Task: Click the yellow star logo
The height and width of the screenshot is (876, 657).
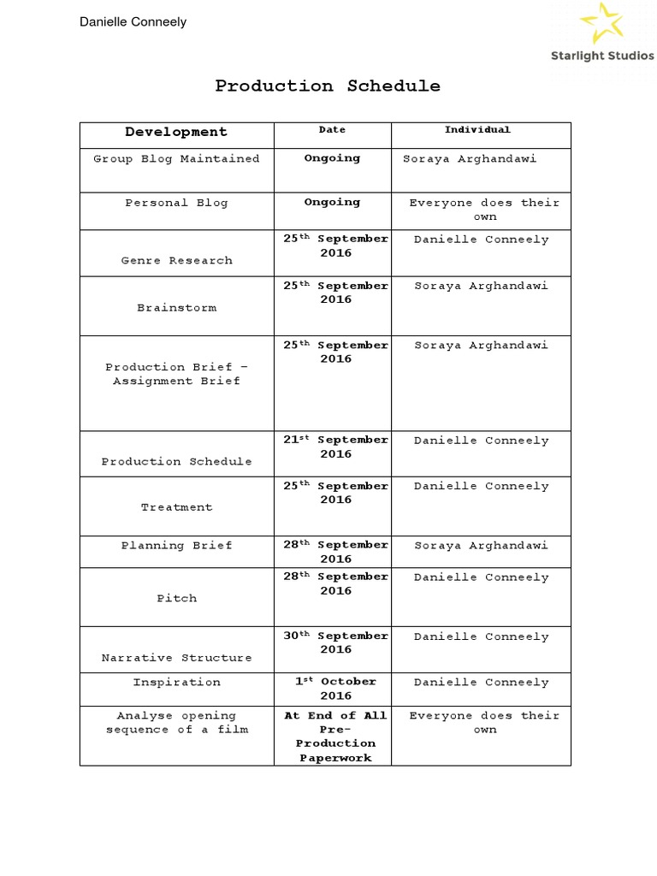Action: tap(602, 23)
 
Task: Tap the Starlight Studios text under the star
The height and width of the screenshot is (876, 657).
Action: tap(601, 56)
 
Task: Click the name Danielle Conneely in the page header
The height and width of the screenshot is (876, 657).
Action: tap(133, 21)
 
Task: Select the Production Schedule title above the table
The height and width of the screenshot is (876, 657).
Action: tap(328, 86)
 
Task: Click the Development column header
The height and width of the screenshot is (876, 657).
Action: tap(176, 132)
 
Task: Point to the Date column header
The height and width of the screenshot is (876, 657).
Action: tap(332, 130)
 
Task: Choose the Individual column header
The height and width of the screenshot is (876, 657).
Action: tap(477, 130)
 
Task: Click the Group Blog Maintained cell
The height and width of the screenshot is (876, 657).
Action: tap(176, 159)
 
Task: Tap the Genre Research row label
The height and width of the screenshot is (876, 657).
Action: tap(176, 260)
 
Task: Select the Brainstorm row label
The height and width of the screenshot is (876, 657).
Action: tap(176, 307)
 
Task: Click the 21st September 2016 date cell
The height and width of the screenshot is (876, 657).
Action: tap(335, 447)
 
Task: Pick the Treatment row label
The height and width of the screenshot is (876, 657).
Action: tap(176, 507)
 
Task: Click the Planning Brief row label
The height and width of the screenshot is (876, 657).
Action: tap(176, 546)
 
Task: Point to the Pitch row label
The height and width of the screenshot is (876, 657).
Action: tap(176, 598)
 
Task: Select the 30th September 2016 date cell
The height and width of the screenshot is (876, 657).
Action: tap(335, 642)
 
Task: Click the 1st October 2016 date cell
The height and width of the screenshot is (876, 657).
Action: tap(335, 689)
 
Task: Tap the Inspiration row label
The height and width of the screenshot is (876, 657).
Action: tap(176, 683)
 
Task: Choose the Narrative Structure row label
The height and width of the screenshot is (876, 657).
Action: tap(176, 658)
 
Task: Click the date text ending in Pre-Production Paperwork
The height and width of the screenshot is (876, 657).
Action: tap(335, 737)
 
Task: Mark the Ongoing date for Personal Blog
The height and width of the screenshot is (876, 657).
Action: tap(332, 203)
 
